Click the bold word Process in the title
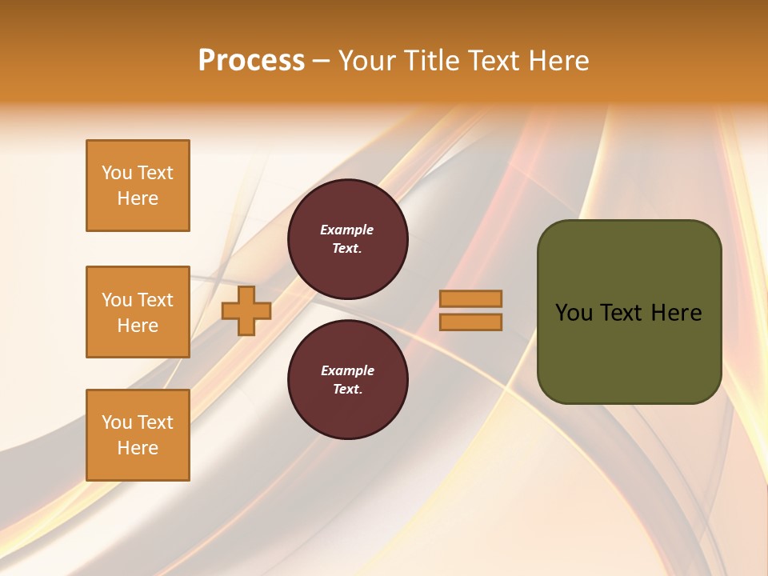pyautogui.click(x=251, y=61)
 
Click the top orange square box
pyautogui.click(x=138, y=186)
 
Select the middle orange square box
pyautogui.click(x=138, y=312)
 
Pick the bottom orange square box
pyautogui.click(x=138, y=435)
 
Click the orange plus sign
pyautogui.click(x=246, y=311)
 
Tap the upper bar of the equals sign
pyautogui.click(x=470, y=298)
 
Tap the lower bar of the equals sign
pyautogui.click(x=470, y=322)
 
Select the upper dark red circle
pyautogui.click(x=347, y=239)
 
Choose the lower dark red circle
pyautogui.click(x=347, y=379)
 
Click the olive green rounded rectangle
pyautogui.click(x=629, y=312)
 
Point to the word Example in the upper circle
pyautogui.click(x=347, y=230)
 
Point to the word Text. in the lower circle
pyautogui.click(x=347, y=389)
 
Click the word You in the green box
pyautogui.click(x=574, y=313)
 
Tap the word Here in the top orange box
pyautogui.click(x=138, y=198)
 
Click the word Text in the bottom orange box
pyautogui.click(x=155, y=422)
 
